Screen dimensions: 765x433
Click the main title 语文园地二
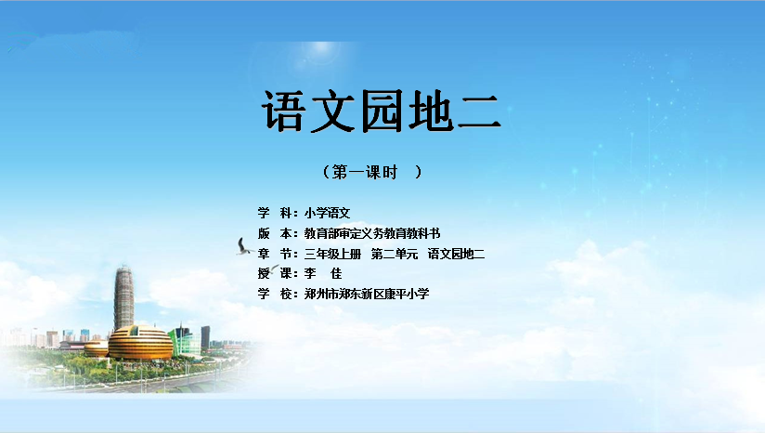click(x=382, y=111)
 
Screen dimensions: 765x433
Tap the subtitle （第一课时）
click(x=372, y=172)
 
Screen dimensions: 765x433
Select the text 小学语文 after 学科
click(x=328, y=213)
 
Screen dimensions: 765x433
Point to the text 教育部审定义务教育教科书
click(x=372, y=233)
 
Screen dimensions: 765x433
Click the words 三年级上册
click(x=332, y=254)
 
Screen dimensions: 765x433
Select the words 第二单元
click(x=395, y=254)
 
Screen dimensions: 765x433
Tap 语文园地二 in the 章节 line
click(x=456, y=254)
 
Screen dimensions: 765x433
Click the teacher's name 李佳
click(x=323, y=273)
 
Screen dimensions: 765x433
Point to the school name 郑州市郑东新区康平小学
click(x=367, y=294)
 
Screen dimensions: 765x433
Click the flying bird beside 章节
click(x=243, y=247)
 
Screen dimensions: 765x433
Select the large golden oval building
click(x=140, y=343)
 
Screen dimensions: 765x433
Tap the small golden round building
click(x=97, y=348)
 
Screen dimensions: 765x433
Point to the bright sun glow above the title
click(x=321, y=50)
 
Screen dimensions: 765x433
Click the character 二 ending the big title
click(x=480, y=112)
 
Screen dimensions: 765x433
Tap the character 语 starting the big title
click(x=284, y=111)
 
